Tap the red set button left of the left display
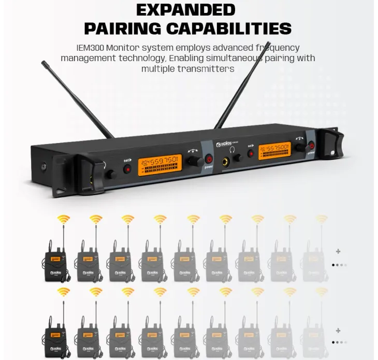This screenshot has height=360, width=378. click(126, 168)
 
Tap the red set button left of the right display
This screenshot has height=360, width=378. click(251, 154)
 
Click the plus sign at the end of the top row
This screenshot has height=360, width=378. click(338, 252)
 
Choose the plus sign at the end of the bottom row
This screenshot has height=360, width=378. click(338, 330)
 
